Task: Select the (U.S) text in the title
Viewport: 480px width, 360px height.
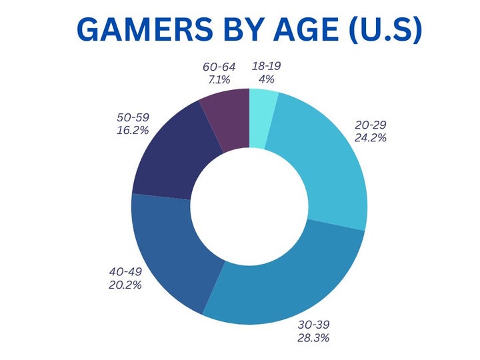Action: point(380,29)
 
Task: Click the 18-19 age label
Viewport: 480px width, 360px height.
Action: point(266,67)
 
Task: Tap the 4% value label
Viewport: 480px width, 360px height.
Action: point(266,79)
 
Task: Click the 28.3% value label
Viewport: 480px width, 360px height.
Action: point(313,338)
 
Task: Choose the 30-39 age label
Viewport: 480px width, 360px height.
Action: point(313,325)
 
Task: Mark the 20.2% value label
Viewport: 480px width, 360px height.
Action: point(125,285)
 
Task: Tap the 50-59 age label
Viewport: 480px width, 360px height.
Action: point(134,117)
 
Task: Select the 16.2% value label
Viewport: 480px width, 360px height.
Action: point(134,130)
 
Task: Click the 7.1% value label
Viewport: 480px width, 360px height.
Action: point(220,80)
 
